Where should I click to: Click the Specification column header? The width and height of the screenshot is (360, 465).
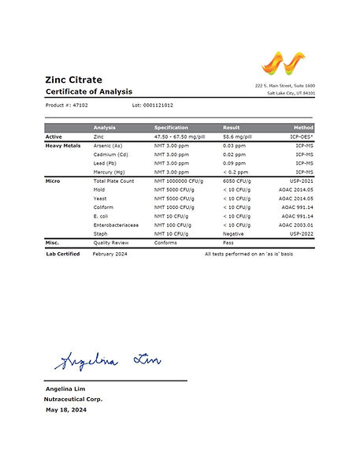[171, 128]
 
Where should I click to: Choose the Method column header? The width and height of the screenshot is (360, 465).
[303, 128]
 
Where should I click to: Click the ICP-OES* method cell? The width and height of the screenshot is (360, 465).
[299, 137]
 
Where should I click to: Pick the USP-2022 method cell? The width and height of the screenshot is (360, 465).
[301, 233]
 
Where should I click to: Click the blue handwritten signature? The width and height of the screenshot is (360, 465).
[106, 361]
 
